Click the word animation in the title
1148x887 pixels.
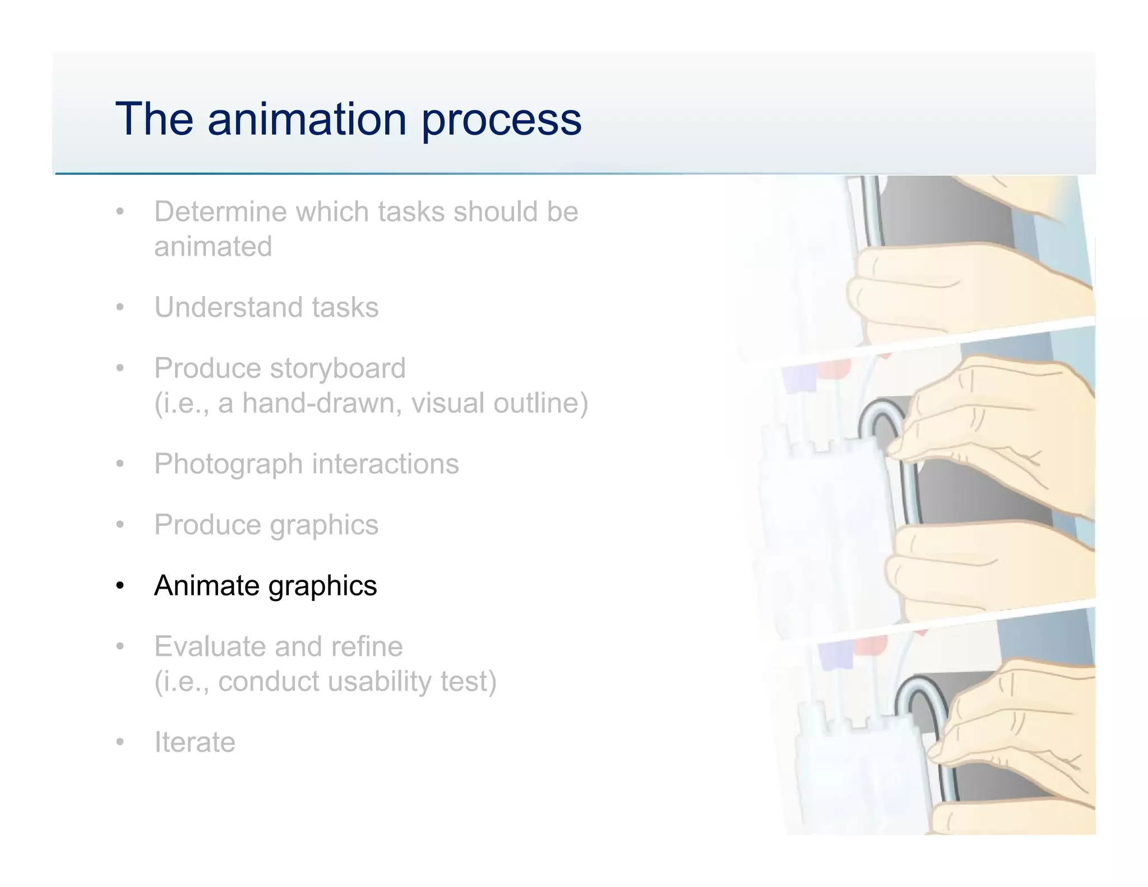307,119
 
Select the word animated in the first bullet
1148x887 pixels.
213,247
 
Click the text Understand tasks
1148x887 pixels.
266,307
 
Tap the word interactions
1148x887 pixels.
385,464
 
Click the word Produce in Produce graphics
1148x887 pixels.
207,525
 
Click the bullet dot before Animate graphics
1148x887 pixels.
119,586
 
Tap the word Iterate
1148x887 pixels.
195,742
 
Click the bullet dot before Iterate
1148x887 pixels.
119,743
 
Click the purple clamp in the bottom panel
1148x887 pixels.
835,654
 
